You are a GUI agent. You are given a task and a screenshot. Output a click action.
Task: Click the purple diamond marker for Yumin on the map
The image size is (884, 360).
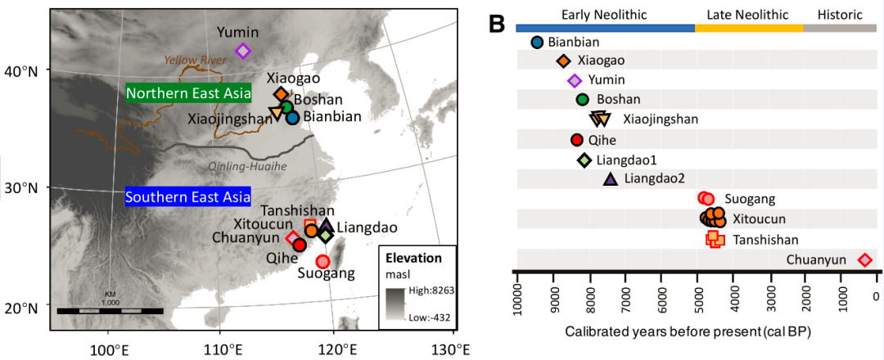(x=242, y=51)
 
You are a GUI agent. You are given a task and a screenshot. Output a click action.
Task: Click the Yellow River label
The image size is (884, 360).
(x=197, y=60)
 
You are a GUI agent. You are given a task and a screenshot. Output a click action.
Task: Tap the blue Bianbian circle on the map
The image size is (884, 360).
(x=293, y=118)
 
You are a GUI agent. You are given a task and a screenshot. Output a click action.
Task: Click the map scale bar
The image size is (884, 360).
(x=110, y=311)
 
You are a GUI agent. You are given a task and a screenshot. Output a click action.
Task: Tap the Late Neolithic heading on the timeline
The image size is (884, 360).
(x=748, y=14)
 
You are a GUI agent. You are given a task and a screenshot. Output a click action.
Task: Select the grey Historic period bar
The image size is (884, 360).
(x=840, y=28)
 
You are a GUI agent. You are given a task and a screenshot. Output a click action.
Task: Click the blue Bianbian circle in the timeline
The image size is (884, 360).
(x=537, y=43)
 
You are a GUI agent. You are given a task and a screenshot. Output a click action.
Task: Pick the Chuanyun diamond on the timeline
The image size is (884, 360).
(x=864, y=260)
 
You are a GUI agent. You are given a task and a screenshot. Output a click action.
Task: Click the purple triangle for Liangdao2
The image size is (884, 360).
(x=610, y=179)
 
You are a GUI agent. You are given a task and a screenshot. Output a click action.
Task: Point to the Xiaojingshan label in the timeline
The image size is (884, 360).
(x=661, y=119)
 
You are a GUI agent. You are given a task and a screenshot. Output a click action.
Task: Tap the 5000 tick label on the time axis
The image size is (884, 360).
(x=697, y=299)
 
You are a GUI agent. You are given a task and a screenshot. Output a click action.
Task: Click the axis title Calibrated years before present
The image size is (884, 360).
(x=693, y=332)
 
